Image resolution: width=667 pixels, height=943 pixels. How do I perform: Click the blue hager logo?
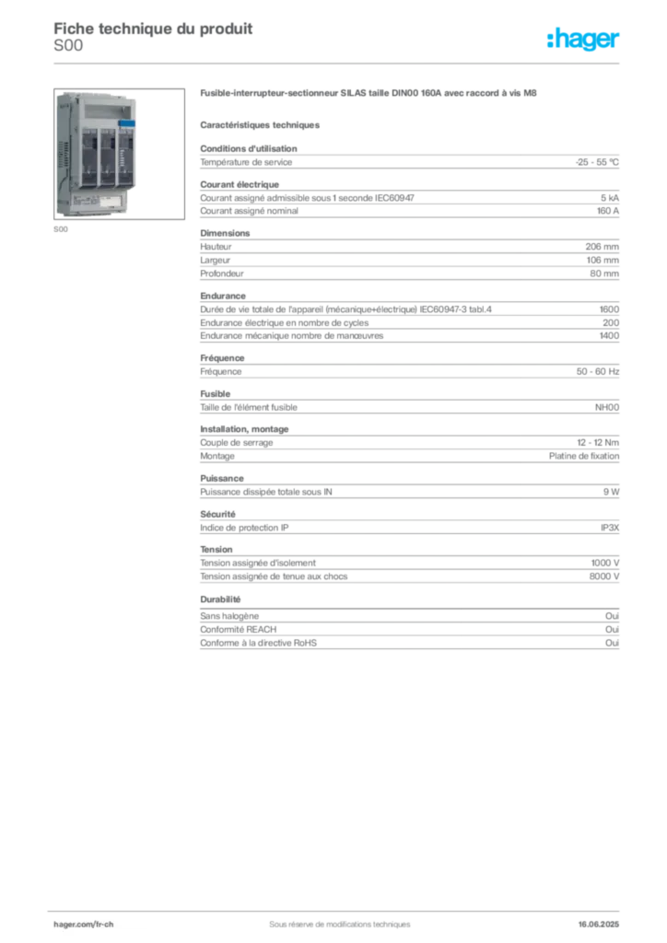click(x=585, y=40)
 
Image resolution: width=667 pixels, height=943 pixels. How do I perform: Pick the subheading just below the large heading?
click(x=262, y=123)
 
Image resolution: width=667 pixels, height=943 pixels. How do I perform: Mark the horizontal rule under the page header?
click(x=339, y=62)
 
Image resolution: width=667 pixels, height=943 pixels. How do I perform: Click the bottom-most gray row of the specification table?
click(x=409, y=647)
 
